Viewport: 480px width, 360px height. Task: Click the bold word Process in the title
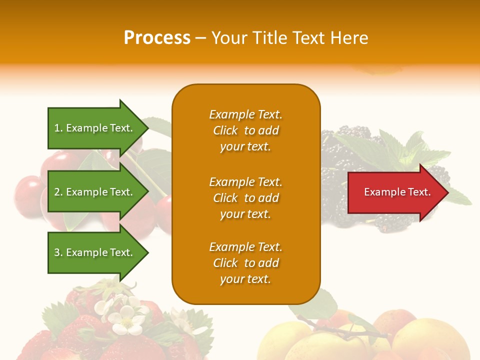(x=157, y=38)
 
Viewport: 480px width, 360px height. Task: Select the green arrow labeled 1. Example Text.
(x=95, y=128)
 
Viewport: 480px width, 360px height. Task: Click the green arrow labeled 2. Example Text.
(x=95, y=192)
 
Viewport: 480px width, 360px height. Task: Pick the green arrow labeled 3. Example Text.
(x=95, y=252)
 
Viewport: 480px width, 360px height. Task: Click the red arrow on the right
(x=395, y=192)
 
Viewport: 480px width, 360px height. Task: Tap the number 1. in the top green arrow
(x=58, y=128)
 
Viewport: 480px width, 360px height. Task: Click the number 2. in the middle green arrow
(x=58, y=192)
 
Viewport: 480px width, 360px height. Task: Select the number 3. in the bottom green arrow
(x=58, y=252)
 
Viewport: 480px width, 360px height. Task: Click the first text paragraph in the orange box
(x=245, y=130)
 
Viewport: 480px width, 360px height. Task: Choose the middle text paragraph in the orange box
(x=245, y=198)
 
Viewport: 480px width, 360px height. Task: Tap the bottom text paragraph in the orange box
(x=245, y=263)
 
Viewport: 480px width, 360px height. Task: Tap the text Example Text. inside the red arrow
(x=397, y=192)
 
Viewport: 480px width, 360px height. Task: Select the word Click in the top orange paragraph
(x=225, y=130)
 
